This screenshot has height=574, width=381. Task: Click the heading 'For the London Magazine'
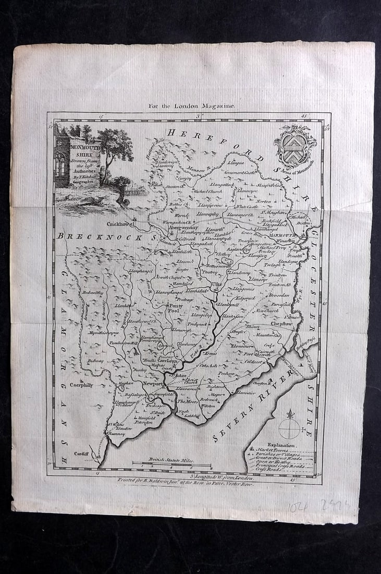192,106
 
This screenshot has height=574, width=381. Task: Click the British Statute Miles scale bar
171,463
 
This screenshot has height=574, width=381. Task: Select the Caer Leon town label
168,361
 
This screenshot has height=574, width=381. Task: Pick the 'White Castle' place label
247,206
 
